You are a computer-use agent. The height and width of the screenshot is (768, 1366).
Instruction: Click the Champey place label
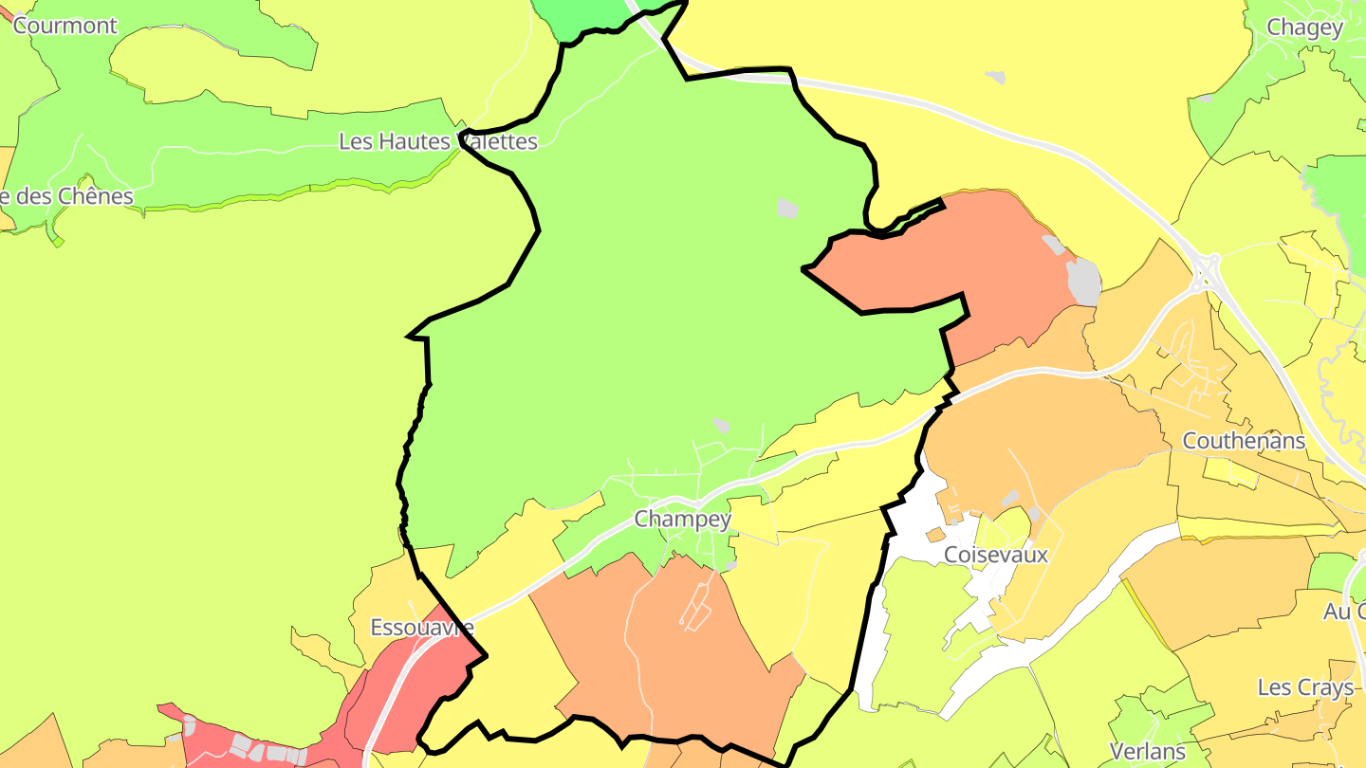point(682,519)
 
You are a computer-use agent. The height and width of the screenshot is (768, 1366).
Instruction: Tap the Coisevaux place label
point(996,555)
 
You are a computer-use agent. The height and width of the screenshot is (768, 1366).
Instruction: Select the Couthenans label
point(1244,441)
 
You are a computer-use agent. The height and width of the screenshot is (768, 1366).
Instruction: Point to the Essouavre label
point(421,628)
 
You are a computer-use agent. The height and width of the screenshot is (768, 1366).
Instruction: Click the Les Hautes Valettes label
point(438,142)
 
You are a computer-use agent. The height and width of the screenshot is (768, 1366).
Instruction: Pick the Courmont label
point(65,26)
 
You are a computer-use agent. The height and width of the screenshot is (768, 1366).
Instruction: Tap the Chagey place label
point(1305,27)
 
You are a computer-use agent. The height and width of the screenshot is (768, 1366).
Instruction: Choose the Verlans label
point(1148,752)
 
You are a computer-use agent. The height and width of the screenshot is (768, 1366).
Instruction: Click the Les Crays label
point(1305,687)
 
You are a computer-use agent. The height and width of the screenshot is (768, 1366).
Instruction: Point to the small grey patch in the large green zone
point(787,208)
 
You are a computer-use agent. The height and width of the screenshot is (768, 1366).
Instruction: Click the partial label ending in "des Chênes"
point(66,196)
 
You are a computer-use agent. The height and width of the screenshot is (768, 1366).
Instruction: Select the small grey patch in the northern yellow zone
point(994,77)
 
